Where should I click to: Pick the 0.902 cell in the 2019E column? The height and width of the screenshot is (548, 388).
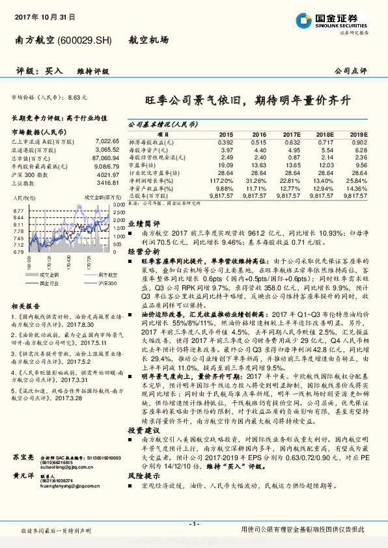[359, 141]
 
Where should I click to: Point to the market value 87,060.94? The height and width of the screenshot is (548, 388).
[105, 158]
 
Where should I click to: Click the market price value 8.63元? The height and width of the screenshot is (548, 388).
[77, 97]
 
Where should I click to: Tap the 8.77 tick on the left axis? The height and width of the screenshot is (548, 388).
[18, 210]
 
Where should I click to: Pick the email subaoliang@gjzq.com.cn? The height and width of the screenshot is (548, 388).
[63, 466]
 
